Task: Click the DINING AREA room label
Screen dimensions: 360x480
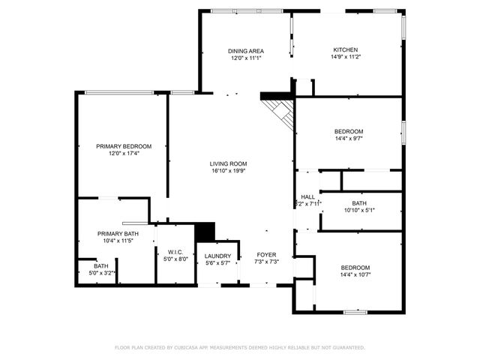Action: [x=246, y=51]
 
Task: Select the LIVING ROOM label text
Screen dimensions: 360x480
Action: [x=228, y=163]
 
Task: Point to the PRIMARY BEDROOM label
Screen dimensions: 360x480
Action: [x=124, y=146]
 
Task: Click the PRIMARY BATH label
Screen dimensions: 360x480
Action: [x=118, y=234]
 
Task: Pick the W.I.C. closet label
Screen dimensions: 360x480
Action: [x=175, y=252]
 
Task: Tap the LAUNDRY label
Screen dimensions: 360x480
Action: [x=217, y=256]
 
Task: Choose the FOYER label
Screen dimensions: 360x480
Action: [x=266, y=255]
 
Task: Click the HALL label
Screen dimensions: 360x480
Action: [x=308, y=196]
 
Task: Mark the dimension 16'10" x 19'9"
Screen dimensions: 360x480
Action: [x=228, y=171]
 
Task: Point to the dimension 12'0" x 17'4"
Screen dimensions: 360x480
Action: [x=124, y=154]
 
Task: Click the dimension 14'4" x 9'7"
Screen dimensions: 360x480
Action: [x=349, y=139]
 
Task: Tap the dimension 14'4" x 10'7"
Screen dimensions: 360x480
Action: [x=355, y=275]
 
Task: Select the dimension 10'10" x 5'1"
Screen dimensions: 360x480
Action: [x=358, y=210]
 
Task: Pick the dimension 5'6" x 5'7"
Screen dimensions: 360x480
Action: [x=217, y=262]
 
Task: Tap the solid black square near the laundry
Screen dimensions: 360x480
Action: [x=205, y=232]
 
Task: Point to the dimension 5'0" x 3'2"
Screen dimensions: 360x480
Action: [x=100, y=273]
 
